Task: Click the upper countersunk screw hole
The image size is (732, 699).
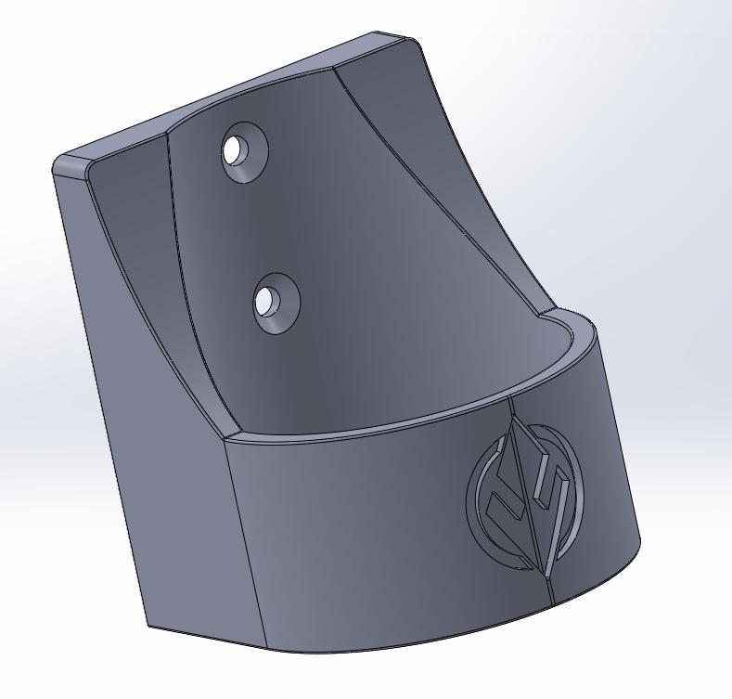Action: point(245,150)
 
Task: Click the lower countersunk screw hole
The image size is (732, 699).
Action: point(276,303)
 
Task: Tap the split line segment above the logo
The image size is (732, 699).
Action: point(510,408)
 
